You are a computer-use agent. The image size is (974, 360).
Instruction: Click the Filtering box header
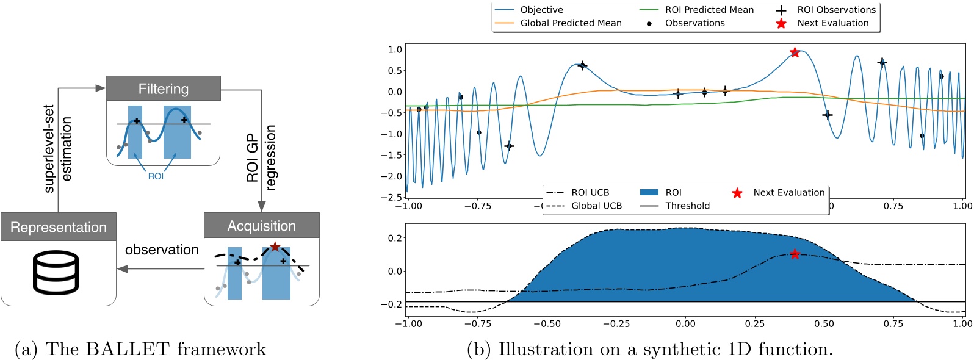click(x=163, y=88)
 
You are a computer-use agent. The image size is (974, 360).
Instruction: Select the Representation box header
click(x=59, y=227)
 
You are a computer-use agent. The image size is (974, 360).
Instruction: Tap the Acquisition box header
click(x=261, y=226)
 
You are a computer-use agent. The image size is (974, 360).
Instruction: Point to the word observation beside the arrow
click(x=162, y=250)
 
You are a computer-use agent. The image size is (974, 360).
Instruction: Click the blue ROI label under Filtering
click(x=156, y=176)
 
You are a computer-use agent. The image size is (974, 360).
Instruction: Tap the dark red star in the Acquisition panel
click(x=275, y=247)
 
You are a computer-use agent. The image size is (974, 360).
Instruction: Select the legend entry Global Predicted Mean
click(x=571, y=23)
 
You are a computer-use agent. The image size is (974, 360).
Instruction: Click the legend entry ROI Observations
click(x=836, y=10)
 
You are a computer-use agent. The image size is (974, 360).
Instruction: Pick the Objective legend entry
click(x=541, y=10)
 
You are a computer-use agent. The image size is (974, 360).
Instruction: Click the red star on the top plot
click(x=795, y=52)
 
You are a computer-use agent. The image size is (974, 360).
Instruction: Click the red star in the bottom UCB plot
click(x=795, y=254)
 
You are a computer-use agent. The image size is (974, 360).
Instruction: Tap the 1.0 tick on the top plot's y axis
click(x=395, y=49)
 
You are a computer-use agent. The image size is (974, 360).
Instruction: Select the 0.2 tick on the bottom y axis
click(x=395, y=238)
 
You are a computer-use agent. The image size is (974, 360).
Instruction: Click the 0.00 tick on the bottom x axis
click(x=685, y=323)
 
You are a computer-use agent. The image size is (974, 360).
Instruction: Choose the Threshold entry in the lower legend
click(x=687, y=206)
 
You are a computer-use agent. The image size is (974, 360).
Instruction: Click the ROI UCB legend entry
click(x=590, y=192)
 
